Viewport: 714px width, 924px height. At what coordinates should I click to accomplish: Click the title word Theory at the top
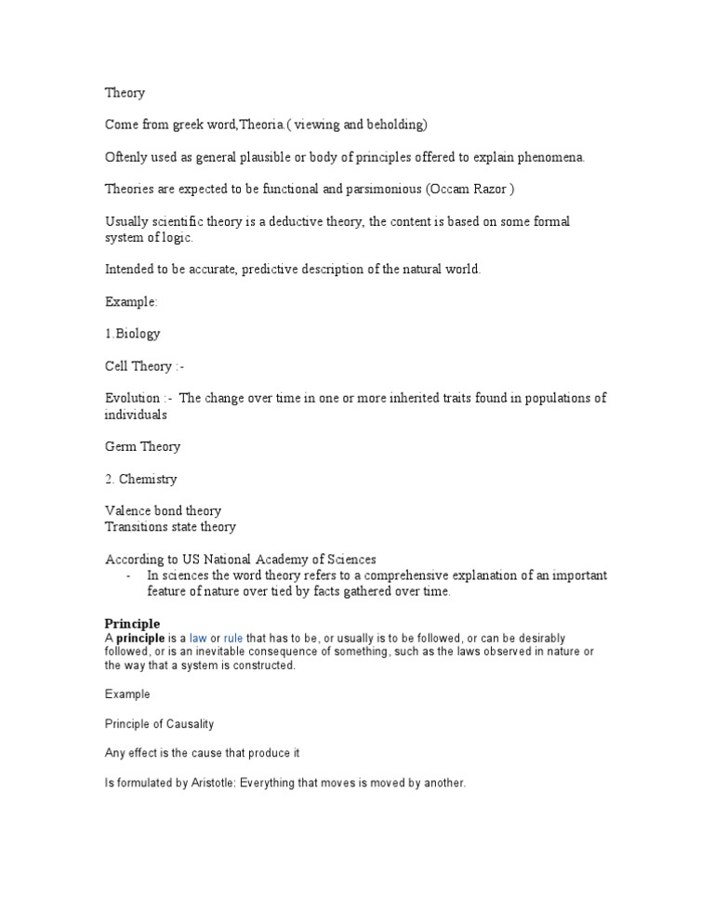(125, 93)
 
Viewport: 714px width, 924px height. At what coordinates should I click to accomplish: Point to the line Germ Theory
(142, 447)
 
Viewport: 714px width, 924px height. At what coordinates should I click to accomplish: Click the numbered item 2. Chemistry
(140, 480)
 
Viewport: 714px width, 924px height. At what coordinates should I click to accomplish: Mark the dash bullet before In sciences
(127, 575)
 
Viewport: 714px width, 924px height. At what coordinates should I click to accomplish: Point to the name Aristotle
(209, 784)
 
